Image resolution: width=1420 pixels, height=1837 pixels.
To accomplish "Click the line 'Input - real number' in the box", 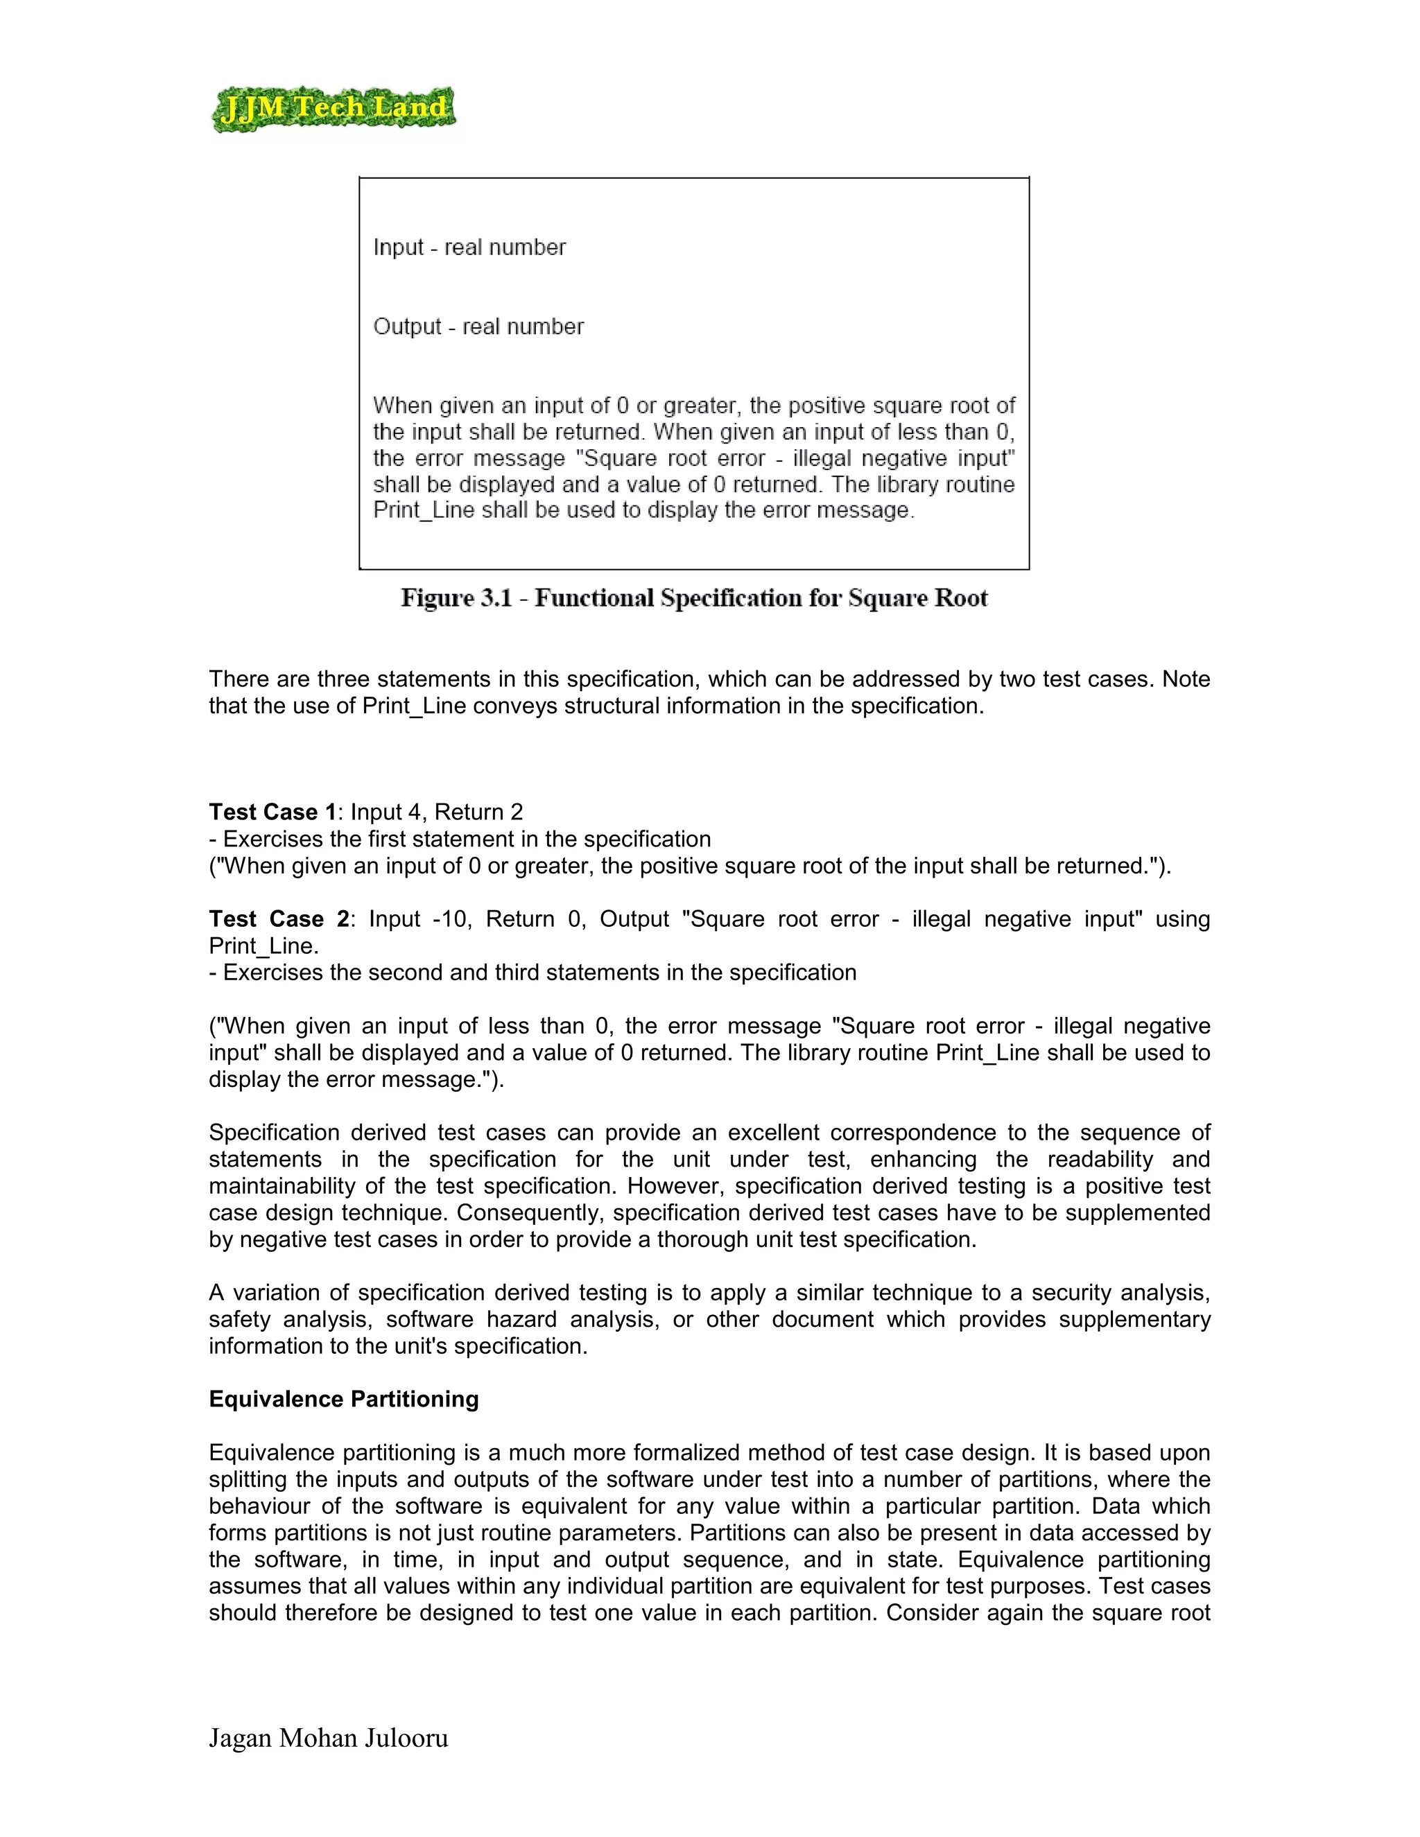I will [x=469, y=247].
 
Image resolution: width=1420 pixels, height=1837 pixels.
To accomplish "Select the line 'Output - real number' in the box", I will [x=478, y=327].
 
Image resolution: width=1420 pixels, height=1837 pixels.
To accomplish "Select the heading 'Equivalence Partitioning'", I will [x=343, y=1399].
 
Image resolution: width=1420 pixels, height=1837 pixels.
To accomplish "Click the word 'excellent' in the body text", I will [x=777, y=1133].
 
